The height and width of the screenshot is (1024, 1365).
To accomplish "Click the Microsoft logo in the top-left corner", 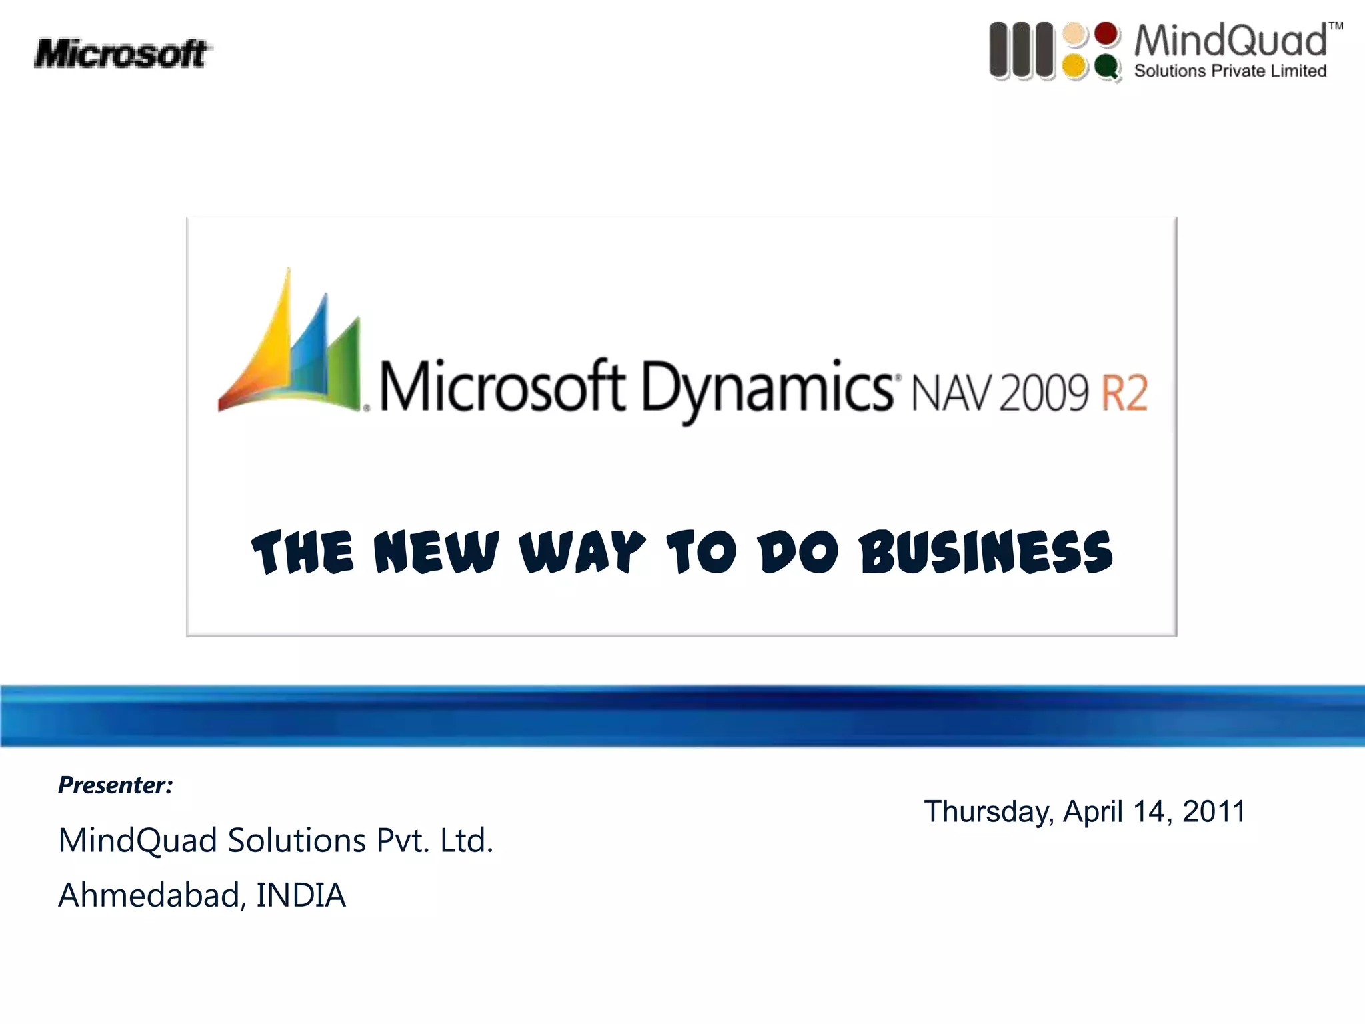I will (122, 54).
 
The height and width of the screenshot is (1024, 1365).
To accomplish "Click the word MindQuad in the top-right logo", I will (1230, 41).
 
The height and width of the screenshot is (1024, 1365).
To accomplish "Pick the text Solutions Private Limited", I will (1230, 71).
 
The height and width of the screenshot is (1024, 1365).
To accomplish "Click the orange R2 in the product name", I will (1124, 393).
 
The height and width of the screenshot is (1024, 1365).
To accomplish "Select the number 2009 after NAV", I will (1043, 393).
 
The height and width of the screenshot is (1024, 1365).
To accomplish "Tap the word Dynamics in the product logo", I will (766, 390).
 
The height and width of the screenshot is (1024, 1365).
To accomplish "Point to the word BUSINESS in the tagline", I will (986, 553).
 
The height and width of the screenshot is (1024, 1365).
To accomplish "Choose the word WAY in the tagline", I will (583, 553).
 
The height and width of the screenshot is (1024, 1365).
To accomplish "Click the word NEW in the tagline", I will (436, 553).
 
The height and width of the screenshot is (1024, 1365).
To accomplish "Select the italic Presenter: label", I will (115, 785).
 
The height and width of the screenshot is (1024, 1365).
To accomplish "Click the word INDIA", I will (301, 895).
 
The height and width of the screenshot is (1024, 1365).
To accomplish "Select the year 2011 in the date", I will (1214, 812).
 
